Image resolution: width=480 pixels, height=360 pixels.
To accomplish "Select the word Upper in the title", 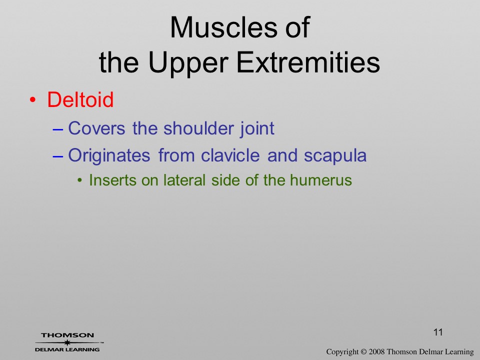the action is (188, 63).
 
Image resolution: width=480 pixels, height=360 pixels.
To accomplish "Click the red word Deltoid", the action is (80, 99).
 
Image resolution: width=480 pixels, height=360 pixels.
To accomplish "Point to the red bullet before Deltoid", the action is (33, 100).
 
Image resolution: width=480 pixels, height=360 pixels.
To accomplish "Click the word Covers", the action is (96, 128).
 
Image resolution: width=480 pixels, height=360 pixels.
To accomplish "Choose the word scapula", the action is (335, 156).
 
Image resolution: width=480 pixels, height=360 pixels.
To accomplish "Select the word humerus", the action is (321, 180).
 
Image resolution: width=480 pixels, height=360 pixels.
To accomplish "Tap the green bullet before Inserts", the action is (80, 180).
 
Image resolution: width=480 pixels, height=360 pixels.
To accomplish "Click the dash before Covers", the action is (58, 129).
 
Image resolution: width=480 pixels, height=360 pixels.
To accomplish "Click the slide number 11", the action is (438, 332).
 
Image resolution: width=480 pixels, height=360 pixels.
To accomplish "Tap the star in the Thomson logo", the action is (67, 342).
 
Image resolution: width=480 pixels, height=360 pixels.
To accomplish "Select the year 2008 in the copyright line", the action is (377, 352).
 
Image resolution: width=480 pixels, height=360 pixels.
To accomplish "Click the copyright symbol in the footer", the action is (363, 352).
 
